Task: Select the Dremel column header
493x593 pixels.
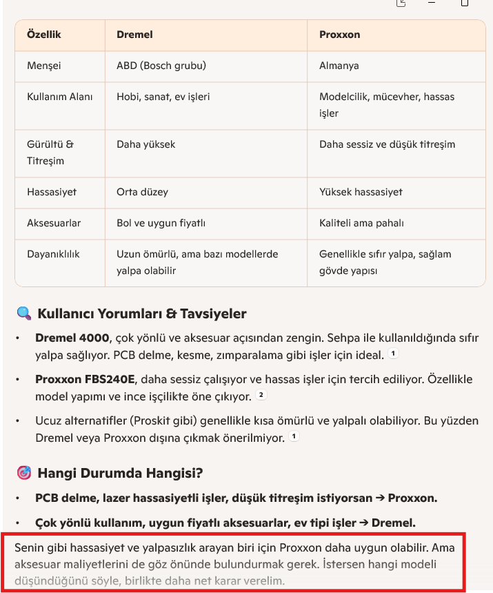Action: point(134,35)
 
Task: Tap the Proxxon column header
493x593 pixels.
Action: point(339,35)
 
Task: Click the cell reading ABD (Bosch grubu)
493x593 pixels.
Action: point(161,66)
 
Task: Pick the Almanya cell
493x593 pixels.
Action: point(339,66)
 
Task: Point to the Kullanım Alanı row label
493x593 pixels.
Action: point(59,97)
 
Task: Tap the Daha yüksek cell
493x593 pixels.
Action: point(145,145)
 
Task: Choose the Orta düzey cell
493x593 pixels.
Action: point(142,192)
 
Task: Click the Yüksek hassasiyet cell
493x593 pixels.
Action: point(361,192)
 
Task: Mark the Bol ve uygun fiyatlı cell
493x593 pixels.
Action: point(161,224)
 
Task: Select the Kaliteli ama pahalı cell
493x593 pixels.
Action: point(361,224)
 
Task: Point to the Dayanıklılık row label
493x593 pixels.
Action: point(53,254)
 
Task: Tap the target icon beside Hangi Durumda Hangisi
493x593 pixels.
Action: point(23,473)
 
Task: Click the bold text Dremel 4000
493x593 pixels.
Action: point(72,338)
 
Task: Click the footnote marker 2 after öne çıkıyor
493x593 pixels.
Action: point(261,396)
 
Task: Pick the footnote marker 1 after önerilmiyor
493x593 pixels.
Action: point(294,437)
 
